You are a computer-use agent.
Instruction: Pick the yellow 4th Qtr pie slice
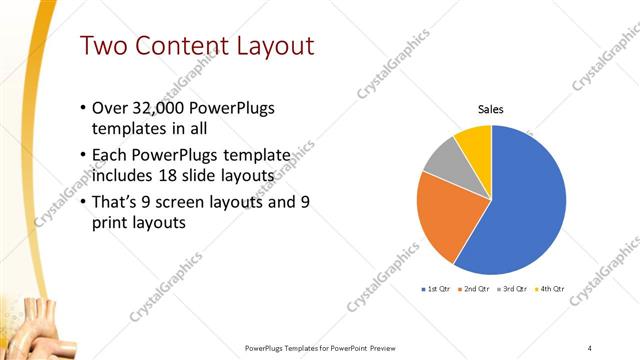(474, 143)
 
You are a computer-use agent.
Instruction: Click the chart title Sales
(490, 109)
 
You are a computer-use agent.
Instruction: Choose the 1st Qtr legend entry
(437, 289)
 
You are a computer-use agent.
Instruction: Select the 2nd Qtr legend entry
(474, 289)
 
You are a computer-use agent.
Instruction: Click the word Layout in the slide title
(274, 46)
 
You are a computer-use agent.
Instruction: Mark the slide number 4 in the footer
(590, 347)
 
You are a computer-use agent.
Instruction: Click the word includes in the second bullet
(124, 177)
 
